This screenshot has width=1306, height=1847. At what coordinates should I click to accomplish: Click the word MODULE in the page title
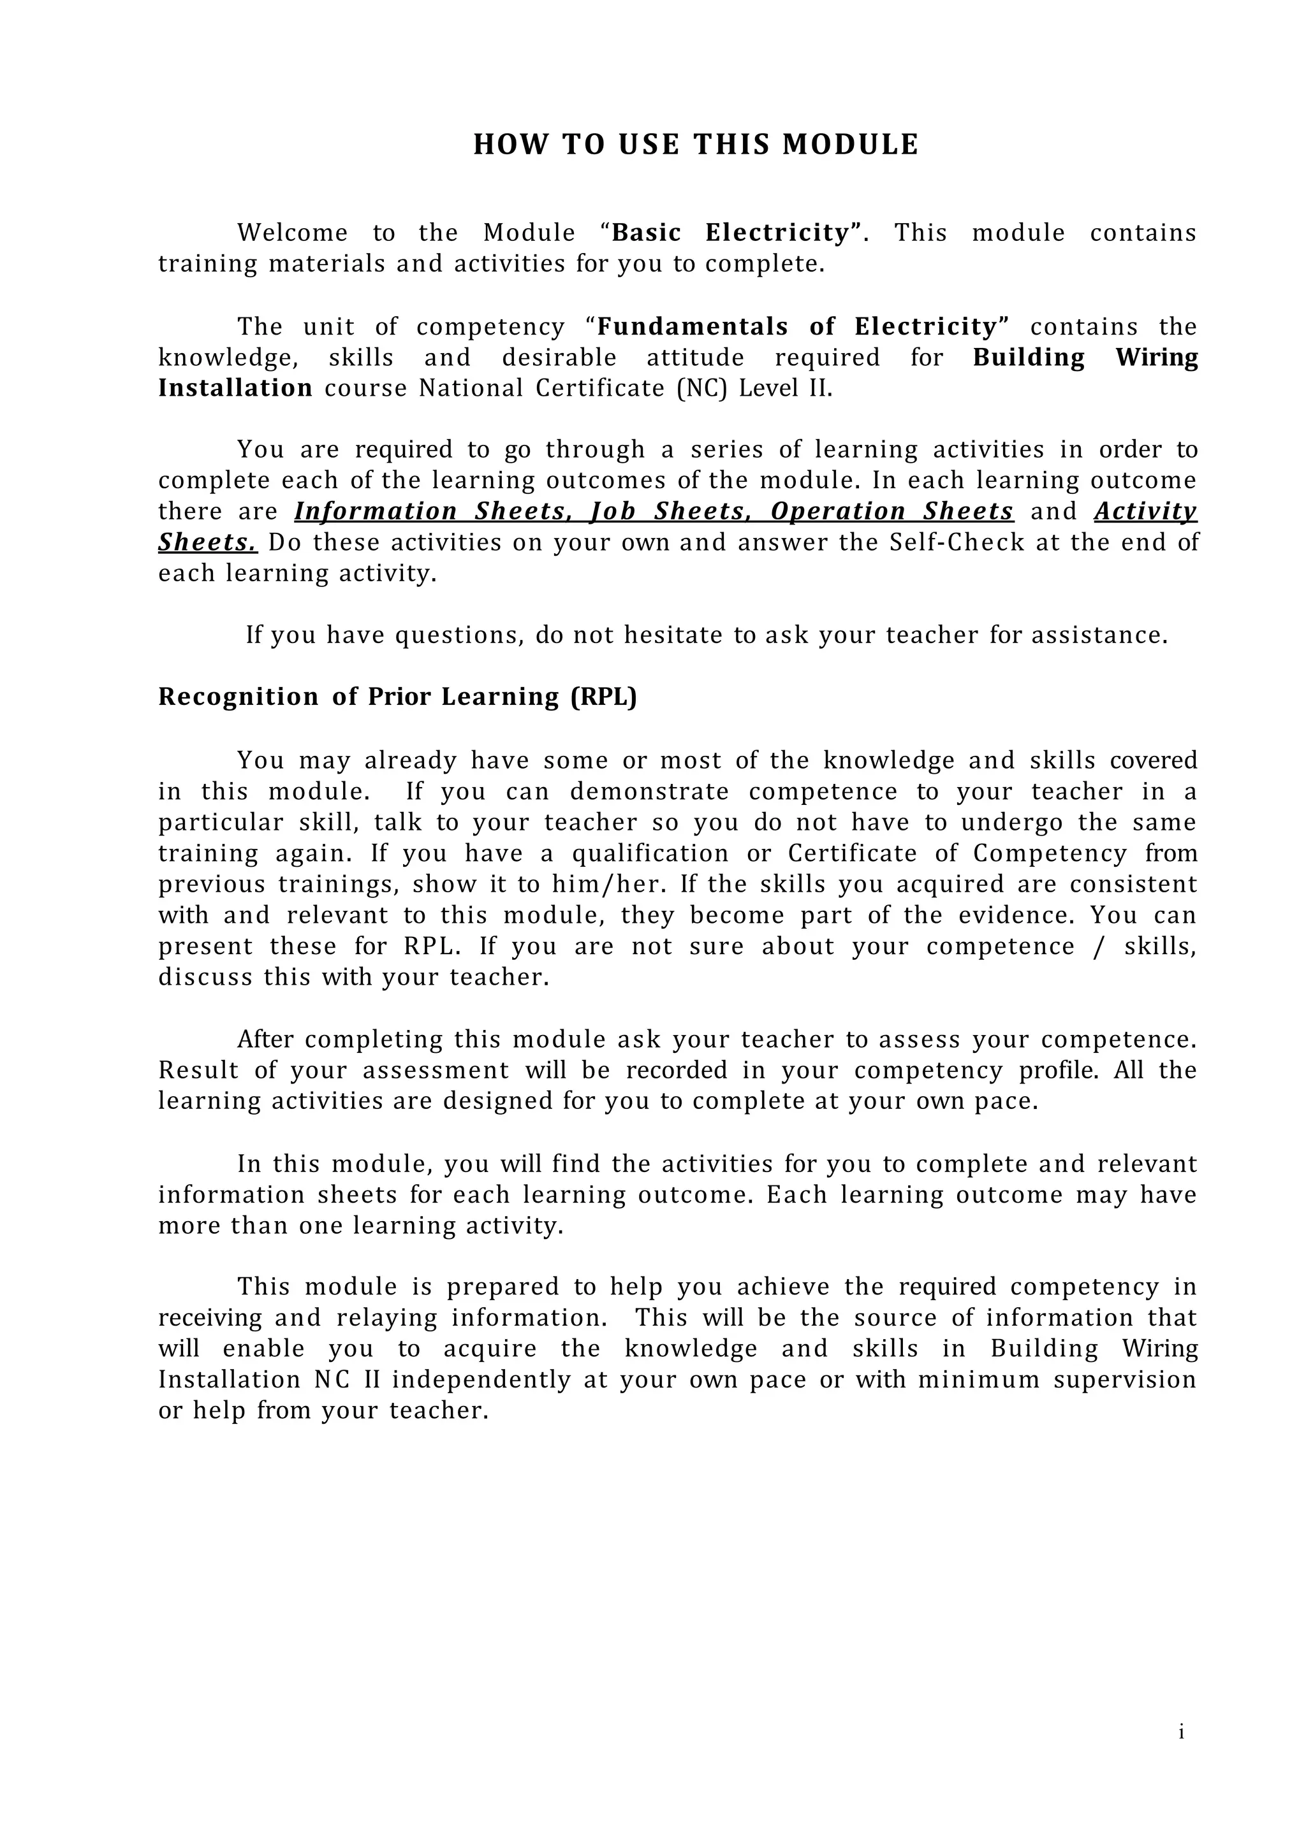coord(850,145)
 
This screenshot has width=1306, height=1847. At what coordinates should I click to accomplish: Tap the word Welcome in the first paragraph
coord(292,233)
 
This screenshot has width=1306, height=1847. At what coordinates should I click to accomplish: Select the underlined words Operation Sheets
coord(891,512)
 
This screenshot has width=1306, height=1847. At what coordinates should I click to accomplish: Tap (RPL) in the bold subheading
coord(603,697)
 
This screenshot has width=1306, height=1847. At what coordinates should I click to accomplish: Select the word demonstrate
coord(649,792)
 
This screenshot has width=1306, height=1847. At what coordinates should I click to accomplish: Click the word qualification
coord(650,853)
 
